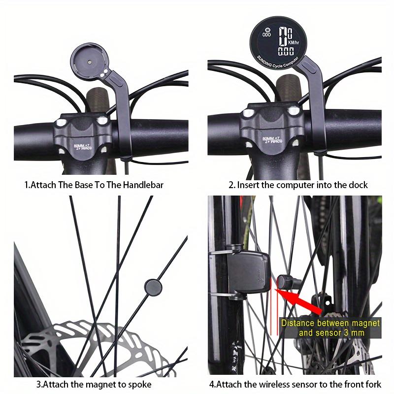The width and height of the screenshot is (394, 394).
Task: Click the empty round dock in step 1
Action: [90, 63]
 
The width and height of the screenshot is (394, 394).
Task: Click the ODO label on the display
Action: [267, 35]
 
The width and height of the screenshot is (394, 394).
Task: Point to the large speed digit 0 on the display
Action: [283, 37]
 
